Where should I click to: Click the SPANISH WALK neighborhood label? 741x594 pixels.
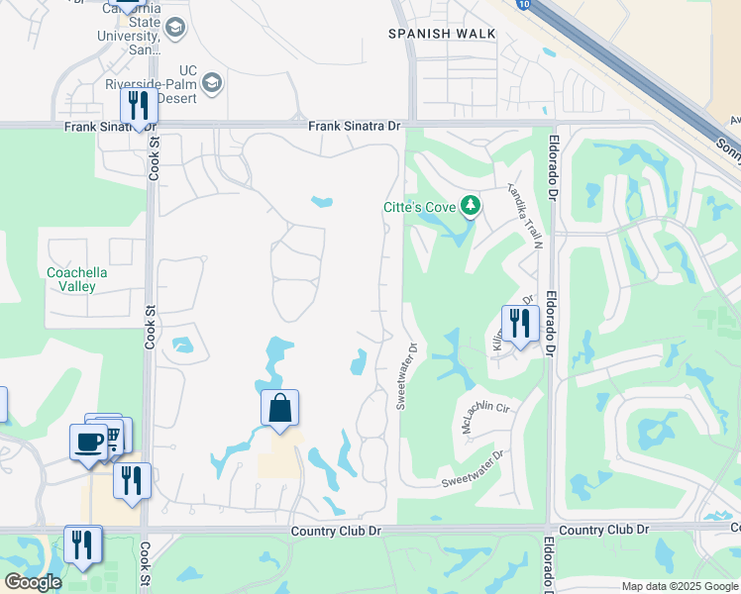click(441, 34)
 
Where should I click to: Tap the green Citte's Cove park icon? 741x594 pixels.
click(473, 206)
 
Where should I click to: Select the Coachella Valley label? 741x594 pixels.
click(77, 279)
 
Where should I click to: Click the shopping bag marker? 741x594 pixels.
click(280, 407)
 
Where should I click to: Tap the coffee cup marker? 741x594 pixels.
click(87, 442)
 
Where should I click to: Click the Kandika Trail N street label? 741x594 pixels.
click(526, 214)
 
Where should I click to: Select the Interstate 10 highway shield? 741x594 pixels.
click(522, 4)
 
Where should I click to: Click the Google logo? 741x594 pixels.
click(32, 582)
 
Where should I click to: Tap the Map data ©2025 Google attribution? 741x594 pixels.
click(679, 586)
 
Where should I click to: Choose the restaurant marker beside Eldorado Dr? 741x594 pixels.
click(519, 323)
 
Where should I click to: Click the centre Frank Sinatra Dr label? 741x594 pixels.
click(354, 127)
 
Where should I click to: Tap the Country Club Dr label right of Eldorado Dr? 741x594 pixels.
click(602, 531)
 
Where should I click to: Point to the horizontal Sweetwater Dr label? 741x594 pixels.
click(473, 466)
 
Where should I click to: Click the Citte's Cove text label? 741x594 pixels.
click(421, 207)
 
